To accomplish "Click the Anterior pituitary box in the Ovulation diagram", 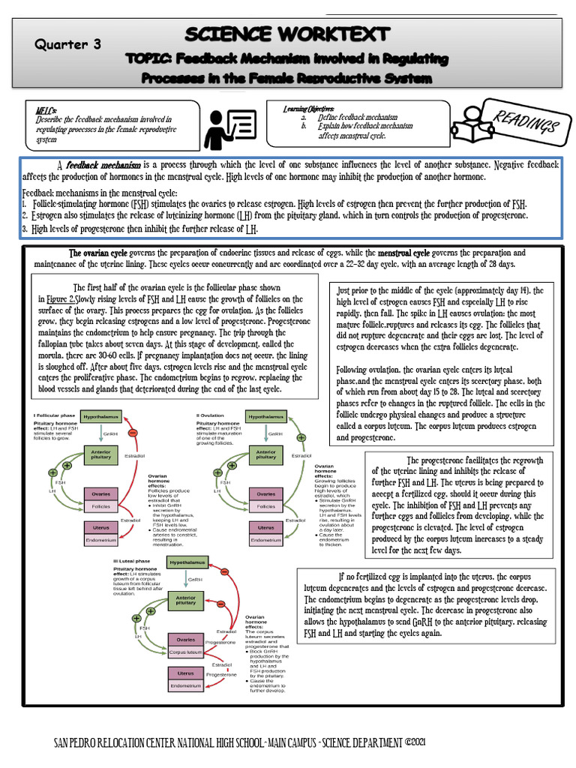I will [x=265, y=457].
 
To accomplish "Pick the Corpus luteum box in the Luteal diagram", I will [x=186, y=652].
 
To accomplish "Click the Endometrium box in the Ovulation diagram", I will [x=265, y=540].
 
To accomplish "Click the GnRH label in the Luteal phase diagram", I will [x=195, y=579].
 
